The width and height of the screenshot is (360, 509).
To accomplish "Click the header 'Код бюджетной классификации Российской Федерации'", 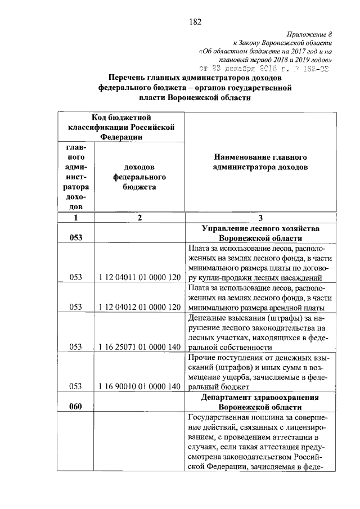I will click(121, 127).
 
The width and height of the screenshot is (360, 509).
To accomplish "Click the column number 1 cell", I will click(75, 218).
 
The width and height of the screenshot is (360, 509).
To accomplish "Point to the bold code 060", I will click(75, 407).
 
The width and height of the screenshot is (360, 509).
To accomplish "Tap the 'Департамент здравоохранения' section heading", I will click(260, 397).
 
